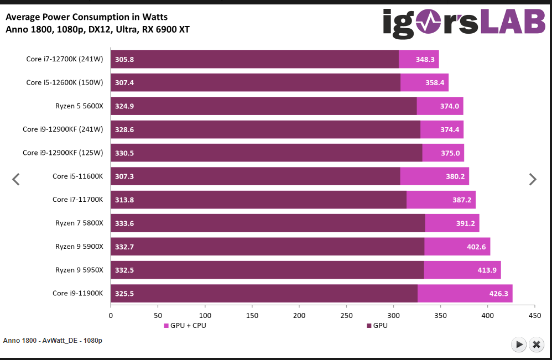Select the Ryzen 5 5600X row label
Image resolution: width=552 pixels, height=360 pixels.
pos(79,106)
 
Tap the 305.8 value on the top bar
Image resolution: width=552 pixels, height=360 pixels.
pos(124,59)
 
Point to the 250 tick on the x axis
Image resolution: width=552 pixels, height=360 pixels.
pos(346,315)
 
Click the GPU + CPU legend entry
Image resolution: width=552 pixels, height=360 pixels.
pos(185,326)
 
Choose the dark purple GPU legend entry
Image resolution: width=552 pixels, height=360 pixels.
pos(377,326)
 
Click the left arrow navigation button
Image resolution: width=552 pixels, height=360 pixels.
pos(16,179)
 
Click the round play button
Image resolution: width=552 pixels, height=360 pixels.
pos(519,344)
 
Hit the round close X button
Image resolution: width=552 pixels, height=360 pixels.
pos(536,344)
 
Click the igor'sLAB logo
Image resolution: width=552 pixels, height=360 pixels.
pos(464,24)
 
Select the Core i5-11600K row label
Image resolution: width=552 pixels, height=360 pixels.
pos(77,176)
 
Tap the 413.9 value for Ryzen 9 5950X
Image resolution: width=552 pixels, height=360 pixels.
pos(487,270)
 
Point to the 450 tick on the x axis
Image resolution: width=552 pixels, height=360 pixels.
pos(535,315)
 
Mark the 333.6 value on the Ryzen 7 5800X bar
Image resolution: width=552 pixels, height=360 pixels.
pos(124,223)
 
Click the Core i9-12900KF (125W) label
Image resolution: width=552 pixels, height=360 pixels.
pos(63,153)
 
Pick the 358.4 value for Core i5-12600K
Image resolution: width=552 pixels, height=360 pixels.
pos(434,82)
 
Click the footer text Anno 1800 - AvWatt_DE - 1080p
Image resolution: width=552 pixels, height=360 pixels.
pos(53,341)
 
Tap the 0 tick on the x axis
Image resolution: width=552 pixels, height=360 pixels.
pos(111,315)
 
